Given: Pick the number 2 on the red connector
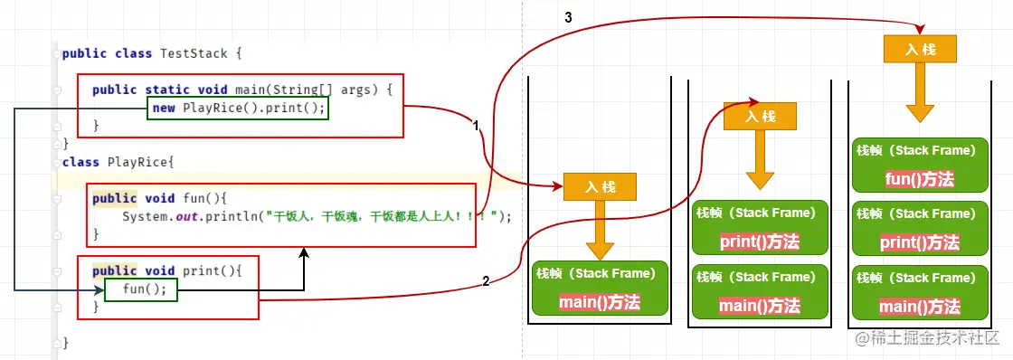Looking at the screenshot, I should tap(486, 281).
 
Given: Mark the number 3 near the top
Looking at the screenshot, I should tap(567, 17).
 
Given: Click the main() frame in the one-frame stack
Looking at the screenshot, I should tap(599, 289).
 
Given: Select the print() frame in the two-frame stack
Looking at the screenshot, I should tap(759, 226).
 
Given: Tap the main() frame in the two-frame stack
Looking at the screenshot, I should tap(759, 290).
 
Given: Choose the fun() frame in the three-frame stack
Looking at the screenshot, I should tap(919, 164).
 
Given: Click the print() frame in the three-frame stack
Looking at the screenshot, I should tap(919, 227).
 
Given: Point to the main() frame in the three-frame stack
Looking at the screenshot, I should tap(919, 291).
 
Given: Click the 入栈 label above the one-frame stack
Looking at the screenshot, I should tap(600, 187).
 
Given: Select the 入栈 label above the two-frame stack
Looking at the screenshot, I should tap(761, 116).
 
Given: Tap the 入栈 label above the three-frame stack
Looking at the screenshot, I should tap(920, 49).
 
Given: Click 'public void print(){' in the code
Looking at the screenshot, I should tap(167, 270).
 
